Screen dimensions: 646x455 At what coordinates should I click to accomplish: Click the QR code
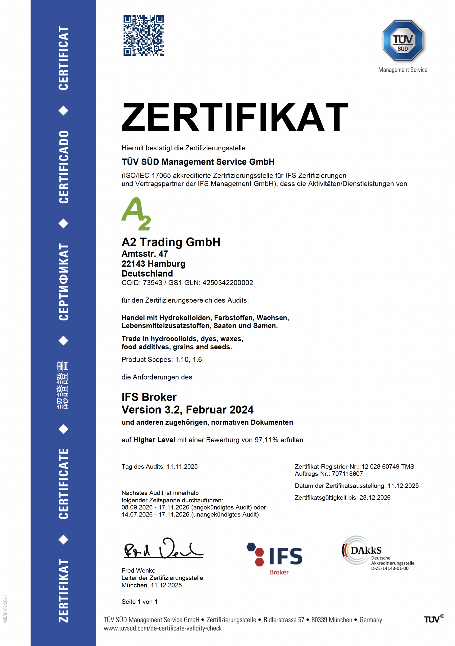pyautogui.click(x=144, y=35)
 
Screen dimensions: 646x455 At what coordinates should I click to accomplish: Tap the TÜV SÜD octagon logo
pyautogui.click(x=403, y=41)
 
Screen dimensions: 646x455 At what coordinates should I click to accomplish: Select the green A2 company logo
pyautogui.click(x=136, y=214)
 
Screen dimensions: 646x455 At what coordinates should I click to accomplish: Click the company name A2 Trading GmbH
pyautogui.click(x=171, y=242)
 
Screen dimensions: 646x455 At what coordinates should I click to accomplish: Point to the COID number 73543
pyautogui.click(x=152, y=283)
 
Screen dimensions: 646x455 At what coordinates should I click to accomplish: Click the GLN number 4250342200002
pyautogui.click(x=227, y=283)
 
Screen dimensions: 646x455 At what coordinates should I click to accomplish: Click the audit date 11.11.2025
pyautogui.click(x=182, y=467)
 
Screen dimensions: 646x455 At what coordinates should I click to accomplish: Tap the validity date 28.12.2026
pyautogui.click(x=375, y=497)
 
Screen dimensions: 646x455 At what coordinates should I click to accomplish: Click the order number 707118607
pyautogui.click(x=347, y=474)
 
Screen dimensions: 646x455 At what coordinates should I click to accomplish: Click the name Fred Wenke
pyautogui.click(x=138, y=570)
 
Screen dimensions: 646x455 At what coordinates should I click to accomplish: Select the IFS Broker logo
pyautogui.click(x=275, y=558)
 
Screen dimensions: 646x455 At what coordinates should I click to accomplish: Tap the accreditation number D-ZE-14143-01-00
pyautogui.click(x=390, y=568)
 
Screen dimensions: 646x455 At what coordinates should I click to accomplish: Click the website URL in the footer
pyautogui.click(x=162, y=628)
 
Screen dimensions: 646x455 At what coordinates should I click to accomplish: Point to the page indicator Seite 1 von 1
pyautogui.click(x=139, y=602)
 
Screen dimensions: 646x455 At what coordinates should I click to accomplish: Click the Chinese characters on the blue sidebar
pyautogui.click(x=63, y=385)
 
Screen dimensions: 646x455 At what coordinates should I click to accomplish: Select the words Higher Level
pyautogui.click(x=154, y=440)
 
